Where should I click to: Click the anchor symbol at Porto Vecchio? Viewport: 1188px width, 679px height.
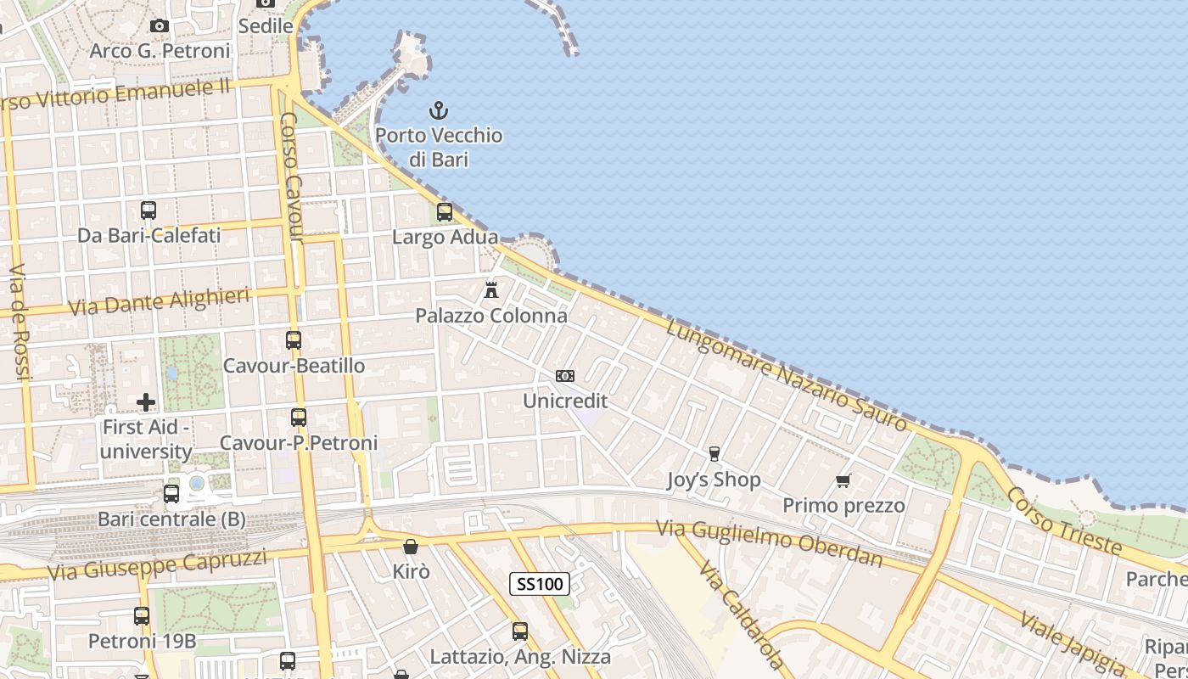coord(438,110)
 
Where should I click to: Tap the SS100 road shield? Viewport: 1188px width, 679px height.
coord(540,584)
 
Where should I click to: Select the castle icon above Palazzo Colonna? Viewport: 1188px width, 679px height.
coord(490,290)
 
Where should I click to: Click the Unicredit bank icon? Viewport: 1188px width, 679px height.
coord(565,375)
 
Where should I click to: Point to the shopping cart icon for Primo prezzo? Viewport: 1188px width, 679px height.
coord(843,481)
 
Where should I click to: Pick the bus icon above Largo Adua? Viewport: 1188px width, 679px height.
coord(445,212)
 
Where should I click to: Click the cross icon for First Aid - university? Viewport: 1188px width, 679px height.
coord(146,401)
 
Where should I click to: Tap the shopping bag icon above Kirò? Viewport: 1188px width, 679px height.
coord(411,547)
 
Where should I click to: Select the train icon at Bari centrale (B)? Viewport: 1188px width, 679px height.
coord(171,494)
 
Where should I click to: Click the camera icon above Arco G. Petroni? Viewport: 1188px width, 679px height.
coord(160,26)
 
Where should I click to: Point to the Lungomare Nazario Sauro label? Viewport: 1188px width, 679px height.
coord(787,376)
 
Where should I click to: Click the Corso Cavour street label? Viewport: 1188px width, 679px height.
coord(291,177)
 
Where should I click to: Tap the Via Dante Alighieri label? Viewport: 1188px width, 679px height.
coord(159,301)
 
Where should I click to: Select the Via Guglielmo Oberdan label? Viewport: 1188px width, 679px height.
coord(769,544)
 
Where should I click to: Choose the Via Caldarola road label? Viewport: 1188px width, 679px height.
coord(741,613)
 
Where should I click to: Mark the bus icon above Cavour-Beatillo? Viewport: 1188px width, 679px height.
coord(294,340)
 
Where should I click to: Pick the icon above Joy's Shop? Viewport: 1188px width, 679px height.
coord(714,455)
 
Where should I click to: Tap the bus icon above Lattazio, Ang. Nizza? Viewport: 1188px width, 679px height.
coord(520,631)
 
